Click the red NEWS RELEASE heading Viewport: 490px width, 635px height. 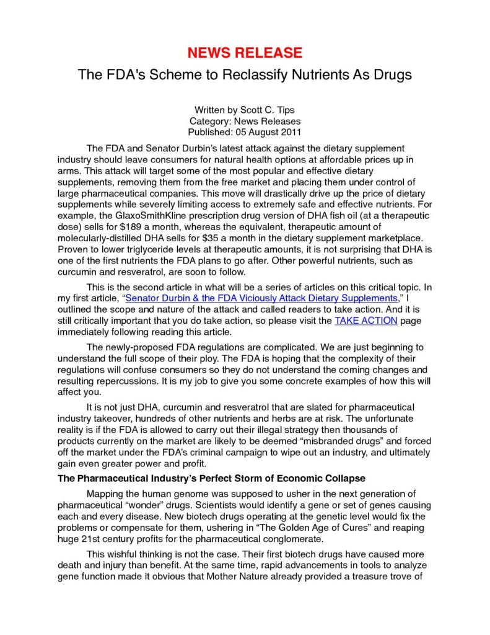pos(245,52)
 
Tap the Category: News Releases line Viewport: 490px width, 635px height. pos(245,122)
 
